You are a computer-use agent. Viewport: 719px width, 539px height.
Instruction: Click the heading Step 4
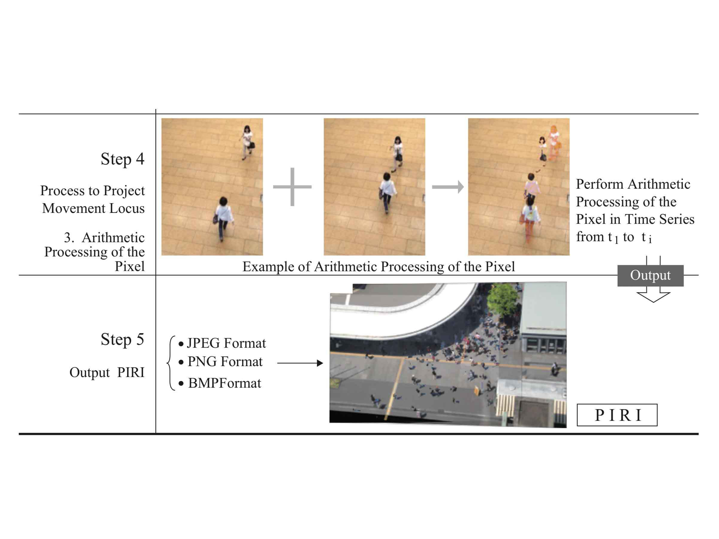[123, 159]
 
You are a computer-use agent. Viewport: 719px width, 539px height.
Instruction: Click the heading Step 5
[123, 339]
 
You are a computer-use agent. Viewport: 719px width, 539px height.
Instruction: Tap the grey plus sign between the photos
[292, 187]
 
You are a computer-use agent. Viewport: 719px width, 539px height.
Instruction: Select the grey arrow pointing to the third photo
[447, 187]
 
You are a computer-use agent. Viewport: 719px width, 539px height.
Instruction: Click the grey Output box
[650, 275]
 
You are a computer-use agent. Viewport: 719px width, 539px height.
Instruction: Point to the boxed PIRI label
[617, 415]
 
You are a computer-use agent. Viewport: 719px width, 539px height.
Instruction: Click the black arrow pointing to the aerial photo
[300, 363]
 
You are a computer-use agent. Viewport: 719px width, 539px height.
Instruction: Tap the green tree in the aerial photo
[503, 299]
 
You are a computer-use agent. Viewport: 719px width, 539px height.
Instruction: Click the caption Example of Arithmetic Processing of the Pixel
[379, 267]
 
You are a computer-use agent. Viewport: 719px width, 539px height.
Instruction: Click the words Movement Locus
[93, 208]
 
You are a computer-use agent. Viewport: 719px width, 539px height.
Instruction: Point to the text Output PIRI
[107, 373]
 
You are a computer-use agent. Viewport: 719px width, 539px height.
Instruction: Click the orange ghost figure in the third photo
[554, 143]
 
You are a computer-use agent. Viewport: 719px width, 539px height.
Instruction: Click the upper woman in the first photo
[247, 143]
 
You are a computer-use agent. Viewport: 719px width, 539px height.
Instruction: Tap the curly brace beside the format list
[171, 363]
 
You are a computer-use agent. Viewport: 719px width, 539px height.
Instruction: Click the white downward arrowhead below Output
[653, 297]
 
